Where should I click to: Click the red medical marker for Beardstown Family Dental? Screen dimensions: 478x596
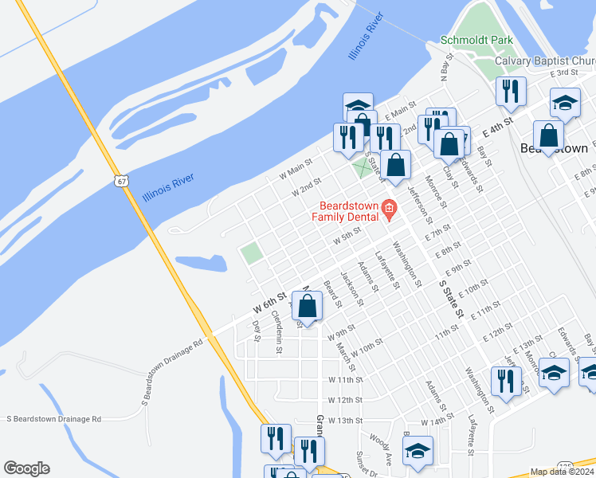[x=389, y=210]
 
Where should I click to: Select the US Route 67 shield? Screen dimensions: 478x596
[x=120, y=182]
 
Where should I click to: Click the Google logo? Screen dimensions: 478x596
[x=26, y=468]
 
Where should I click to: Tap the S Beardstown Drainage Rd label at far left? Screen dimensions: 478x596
[x=54, y=418]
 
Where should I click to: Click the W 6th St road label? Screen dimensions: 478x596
[x=269, y=304]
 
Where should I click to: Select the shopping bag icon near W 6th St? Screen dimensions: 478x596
[x=308, y=306]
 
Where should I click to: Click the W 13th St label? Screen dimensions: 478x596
[x=345, y=420]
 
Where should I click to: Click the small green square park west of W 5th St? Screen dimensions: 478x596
[x=253, y=253]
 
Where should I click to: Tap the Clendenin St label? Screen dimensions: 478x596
[x=277, y=327]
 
